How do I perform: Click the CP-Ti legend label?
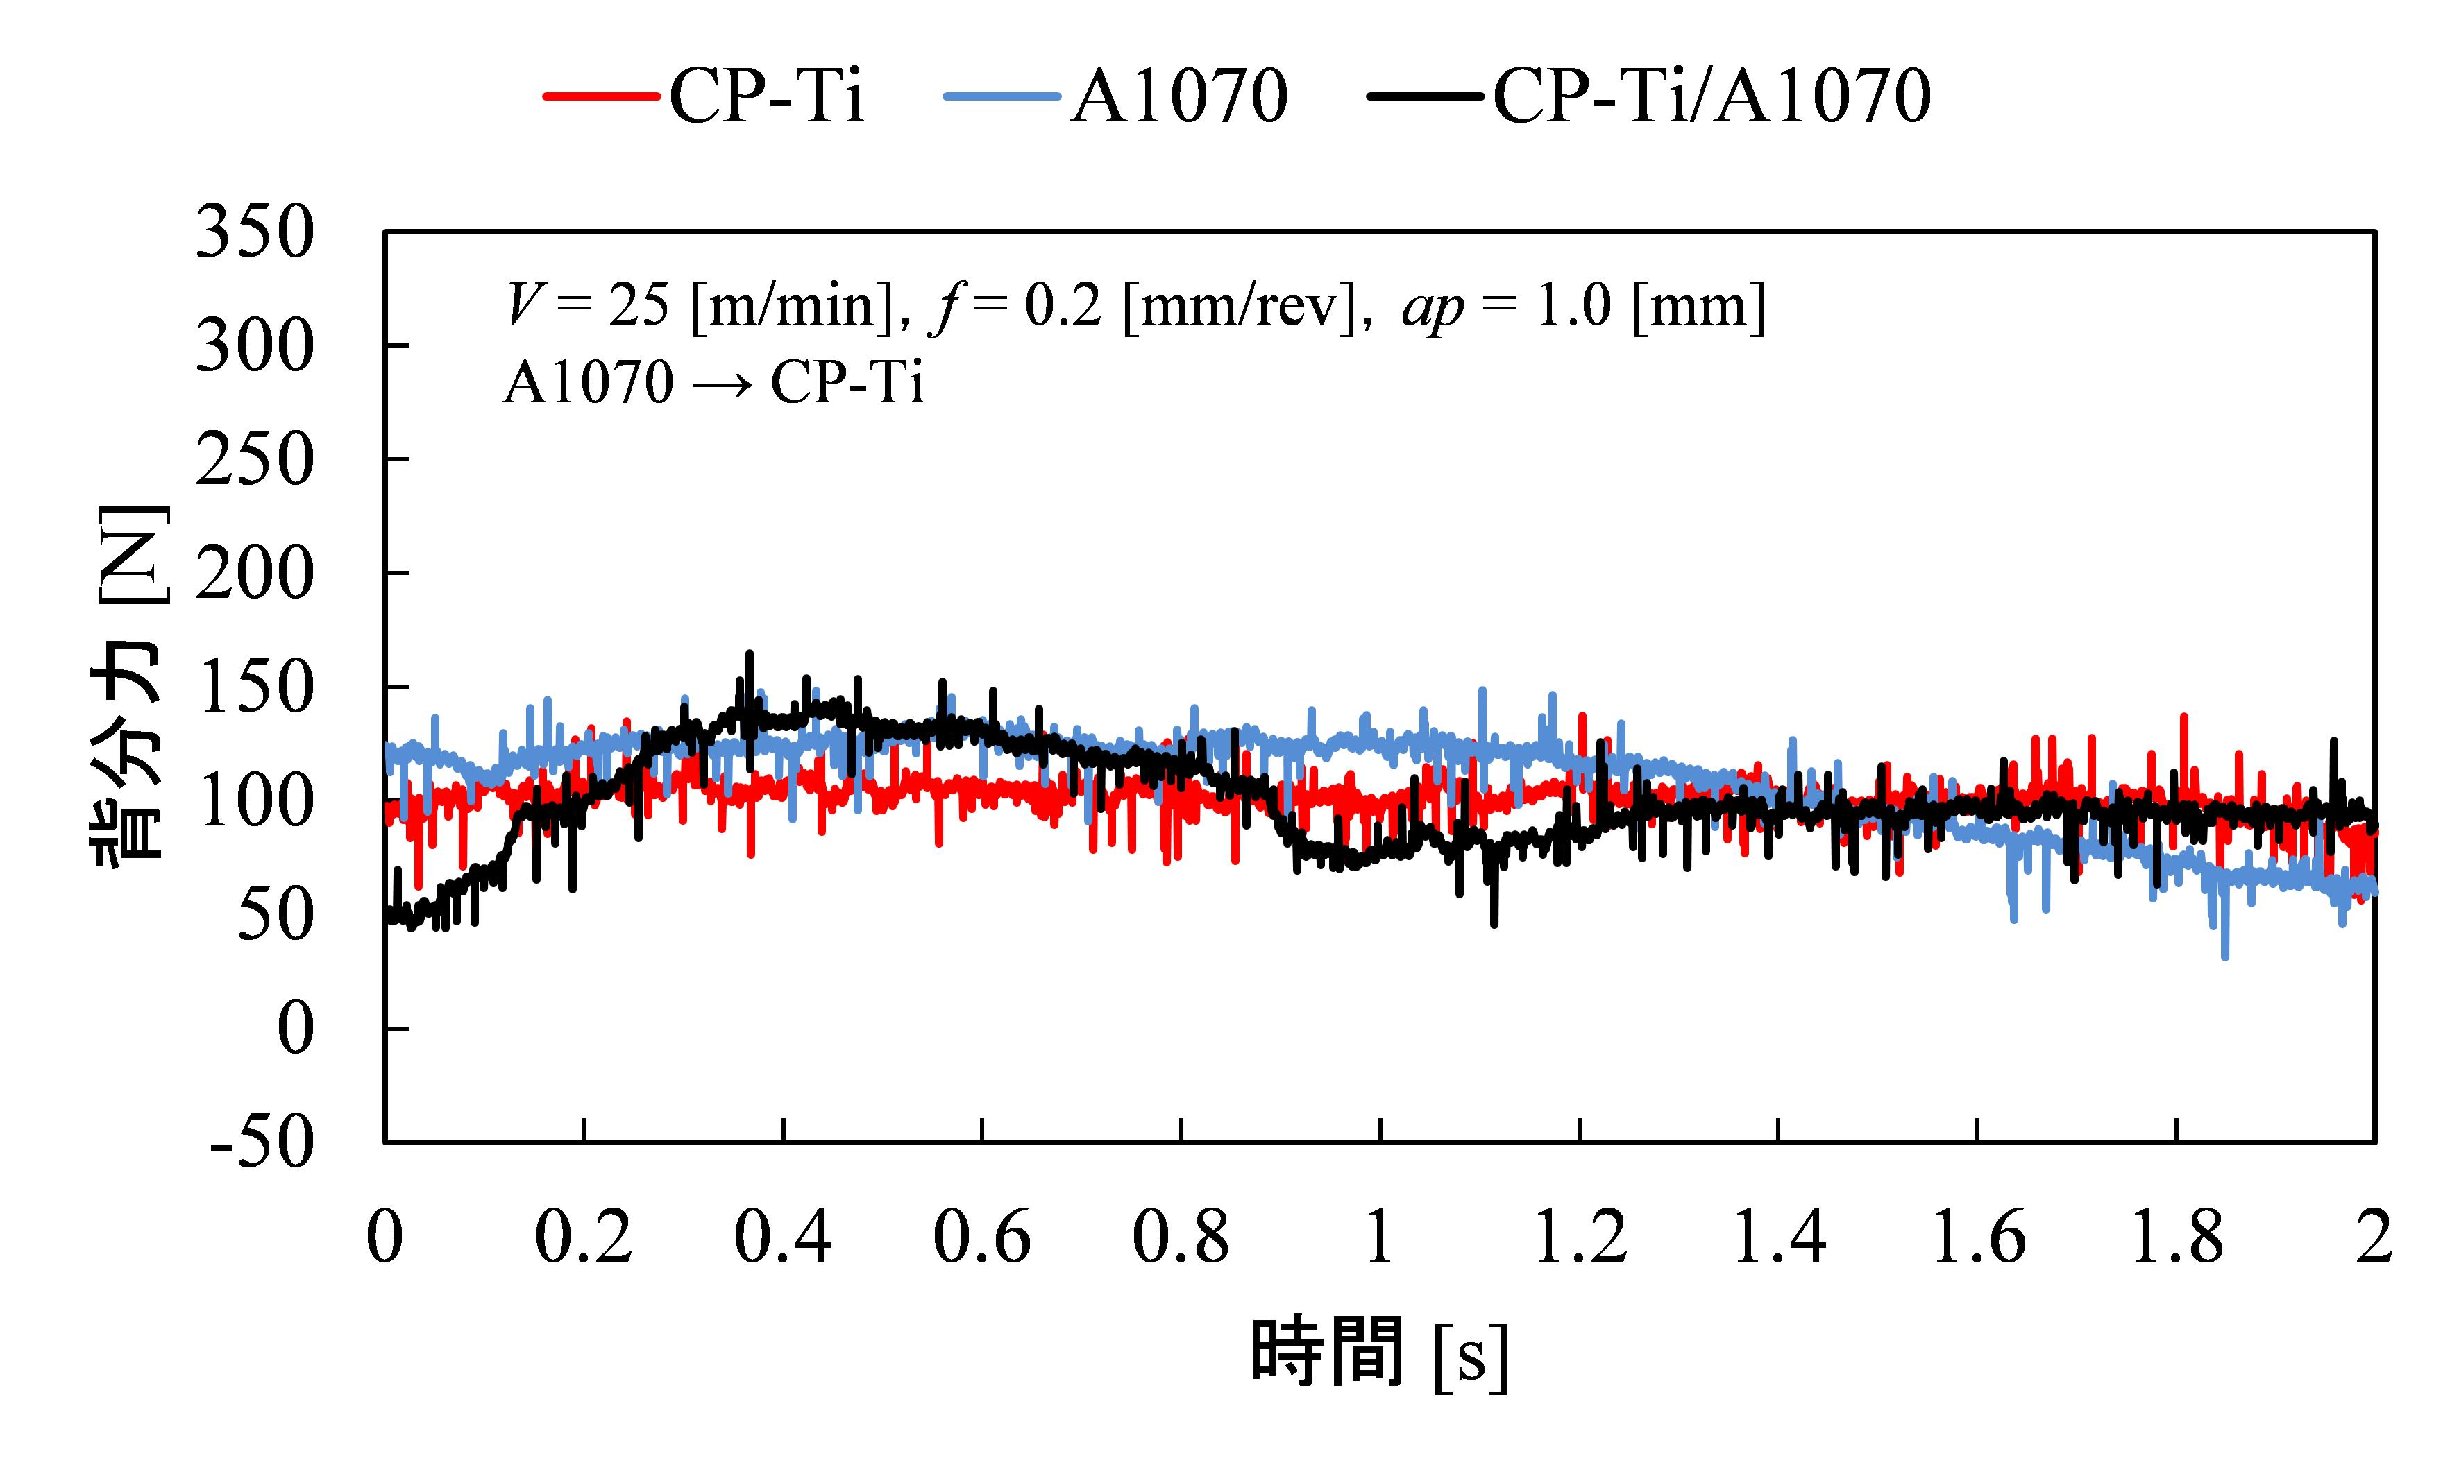coord(766,96)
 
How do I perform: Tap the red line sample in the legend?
coord(601,97)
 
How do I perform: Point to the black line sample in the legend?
coord(1426,97)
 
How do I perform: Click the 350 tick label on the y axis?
coord(254,234)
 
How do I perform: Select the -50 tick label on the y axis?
coord(260,1143)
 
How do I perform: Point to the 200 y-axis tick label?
coord(254,574)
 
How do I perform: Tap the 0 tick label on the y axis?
coord(295,1029)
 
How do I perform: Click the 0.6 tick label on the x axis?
coord(981,1239)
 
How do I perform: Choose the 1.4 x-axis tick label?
coord(1778,1239)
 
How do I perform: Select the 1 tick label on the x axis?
coord(1379,1239)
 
